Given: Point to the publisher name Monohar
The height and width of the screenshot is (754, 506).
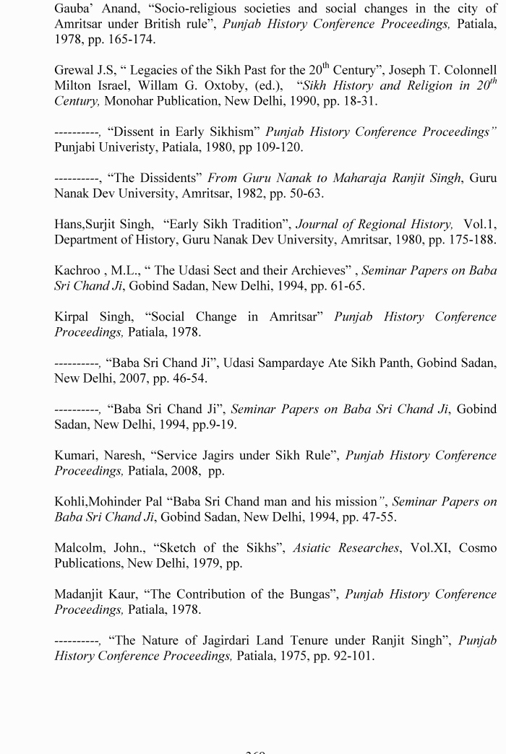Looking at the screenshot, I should click(x=127, y=101).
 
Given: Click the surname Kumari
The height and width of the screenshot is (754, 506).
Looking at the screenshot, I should click(x=74, y=456).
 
